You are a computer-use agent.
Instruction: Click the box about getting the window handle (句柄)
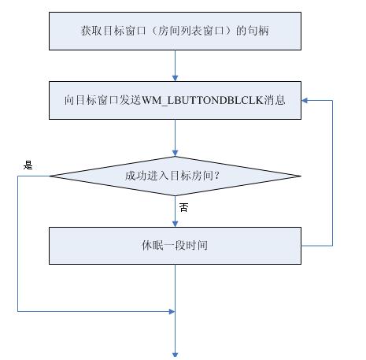(x=175, y=31)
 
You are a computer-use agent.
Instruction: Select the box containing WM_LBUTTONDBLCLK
(x=175, y=100)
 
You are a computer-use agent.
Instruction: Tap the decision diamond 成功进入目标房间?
(x=175, y=176)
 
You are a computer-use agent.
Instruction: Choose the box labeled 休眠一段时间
(x=175, y=246)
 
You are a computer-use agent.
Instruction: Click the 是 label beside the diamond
(x=28, y=165)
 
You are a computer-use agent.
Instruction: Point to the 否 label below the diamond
(x=183, y=207)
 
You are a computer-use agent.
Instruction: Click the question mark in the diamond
(x=216, y=176)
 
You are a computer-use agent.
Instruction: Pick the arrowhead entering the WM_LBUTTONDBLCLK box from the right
(x=305, y=100)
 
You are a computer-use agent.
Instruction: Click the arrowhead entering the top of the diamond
(x=175, y=153)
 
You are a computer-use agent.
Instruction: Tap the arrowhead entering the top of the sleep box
(x=175, y=224)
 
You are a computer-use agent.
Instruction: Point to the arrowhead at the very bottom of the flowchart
(x=175, y=355)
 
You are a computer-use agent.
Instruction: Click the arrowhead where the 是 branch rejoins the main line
(x=172, y=312)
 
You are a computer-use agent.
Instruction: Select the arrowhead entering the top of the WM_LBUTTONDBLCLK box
(x=175, y=78)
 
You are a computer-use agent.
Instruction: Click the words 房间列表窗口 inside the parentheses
(x=187, y=31)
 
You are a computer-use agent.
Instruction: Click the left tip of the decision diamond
(x=50, y=176)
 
